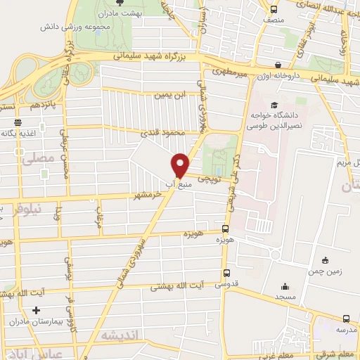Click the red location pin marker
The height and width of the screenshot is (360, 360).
click(x=180, y=165)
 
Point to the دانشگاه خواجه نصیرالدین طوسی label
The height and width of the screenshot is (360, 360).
click(x=271, y=120)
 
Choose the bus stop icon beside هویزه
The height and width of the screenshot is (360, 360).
click(x=225, y=229)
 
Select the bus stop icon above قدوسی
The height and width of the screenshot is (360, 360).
click(x=225, y=273)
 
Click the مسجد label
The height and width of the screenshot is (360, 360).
click(x=284, y=298)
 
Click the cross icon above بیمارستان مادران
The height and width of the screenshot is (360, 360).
click(x=36, y=310)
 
